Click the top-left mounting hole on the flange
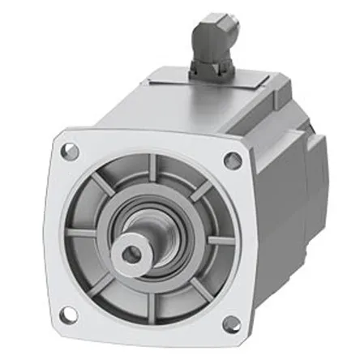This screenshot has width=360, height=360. tap(71, 150)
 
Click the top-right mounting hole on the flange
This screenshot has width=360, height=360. tap(233, 160)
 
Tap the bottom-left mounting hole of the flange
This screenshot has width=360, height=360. tap(68, 313)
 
